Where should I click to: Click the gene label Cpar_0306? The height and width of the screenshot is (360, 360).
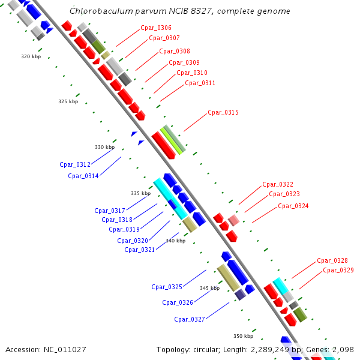[155, 28]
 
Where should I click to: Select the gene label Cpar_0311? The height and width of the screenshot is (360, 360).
[200, 83]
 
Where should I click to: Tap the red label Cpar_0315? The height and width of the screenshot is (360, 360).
[223, 113]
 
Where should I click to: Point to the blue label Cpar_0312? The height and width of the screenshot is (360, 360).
[75, 164]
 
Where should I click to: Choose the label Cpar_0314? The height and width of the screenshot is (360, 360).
[83, 176]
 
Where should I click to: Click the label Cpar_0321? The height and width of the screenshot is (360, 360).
[140, 250]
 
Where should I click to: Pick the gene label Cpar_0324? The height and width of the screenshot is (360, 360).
[293, 206]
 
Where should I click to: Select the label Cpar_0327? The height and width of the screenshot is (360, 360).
[190, 319]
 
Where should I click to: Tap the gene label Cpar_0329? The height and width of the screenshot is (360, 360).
[338, 271]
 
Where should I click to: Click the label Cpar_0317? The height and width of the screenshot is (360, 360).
[110, 211]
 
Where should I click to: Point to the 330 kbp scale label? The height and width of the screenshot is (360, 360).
[104, 147]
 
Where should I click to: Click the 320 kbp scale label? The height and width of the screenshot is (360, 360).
[31, 56]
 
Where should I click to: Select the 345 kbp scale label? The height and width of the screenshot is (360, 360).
[209, 289]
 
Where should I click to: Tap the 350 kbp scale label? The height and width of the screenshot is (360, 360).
[243, 336]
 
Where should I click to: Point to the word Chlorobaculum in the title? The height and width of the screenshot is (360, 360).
[97, 11]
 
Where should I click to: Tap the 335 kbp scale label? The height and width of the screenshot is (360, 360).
[140, 193]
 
